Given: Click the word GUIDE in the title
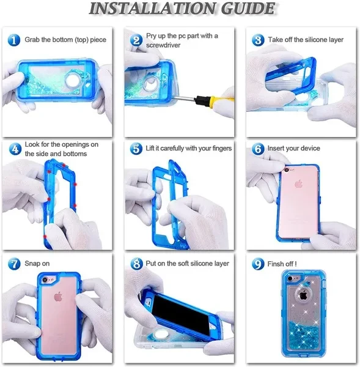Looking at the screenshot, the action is pyautogui.click(x=248, y=8).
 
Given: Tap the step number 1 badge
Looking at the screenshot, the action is pyautogui.click(x=14, y=40).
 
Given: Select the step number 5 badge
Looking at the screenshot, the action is pyautogui.click(x=136, y=149).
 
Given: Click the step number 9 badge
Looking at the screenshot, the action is pyautogui.click(x=258, y=264).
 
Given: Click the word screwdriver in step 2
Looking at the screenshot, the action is pyautogui.click(x=163, y=45).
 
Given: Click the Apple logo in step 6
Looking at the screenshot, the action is pyautogui.click(x=298, y=184).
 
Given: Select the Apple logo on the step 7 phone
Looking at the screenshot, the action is pyautogui.click(x=58, y=297).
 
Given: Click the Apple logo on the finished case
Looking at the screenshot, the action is pyautogui.click(x=303, y=295).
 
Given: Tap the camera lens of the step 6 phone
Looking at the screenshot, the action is pyautogui.click(x=285, y=170).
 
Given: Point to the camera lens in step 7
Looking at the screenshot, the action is pyautogui.click(x=45, y=280).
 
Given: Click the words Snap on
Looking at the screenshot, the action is pyautogui.click(x=37, y=264).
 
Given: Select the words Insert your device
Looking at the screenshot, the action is pyautogui.click(x=293, y=148).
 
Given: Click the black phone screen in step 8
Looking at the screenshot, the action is pyautogui.click(x=183, y=313).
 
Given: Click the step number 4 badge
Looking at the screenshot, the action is pyautogui.click(x=15, y=149).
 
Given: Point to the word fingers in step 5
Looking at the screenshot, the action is pyautogui.click(x=222, y=149).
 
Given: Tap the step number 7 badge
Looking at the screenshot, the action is pyautogui.click(x=14, y=264).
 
